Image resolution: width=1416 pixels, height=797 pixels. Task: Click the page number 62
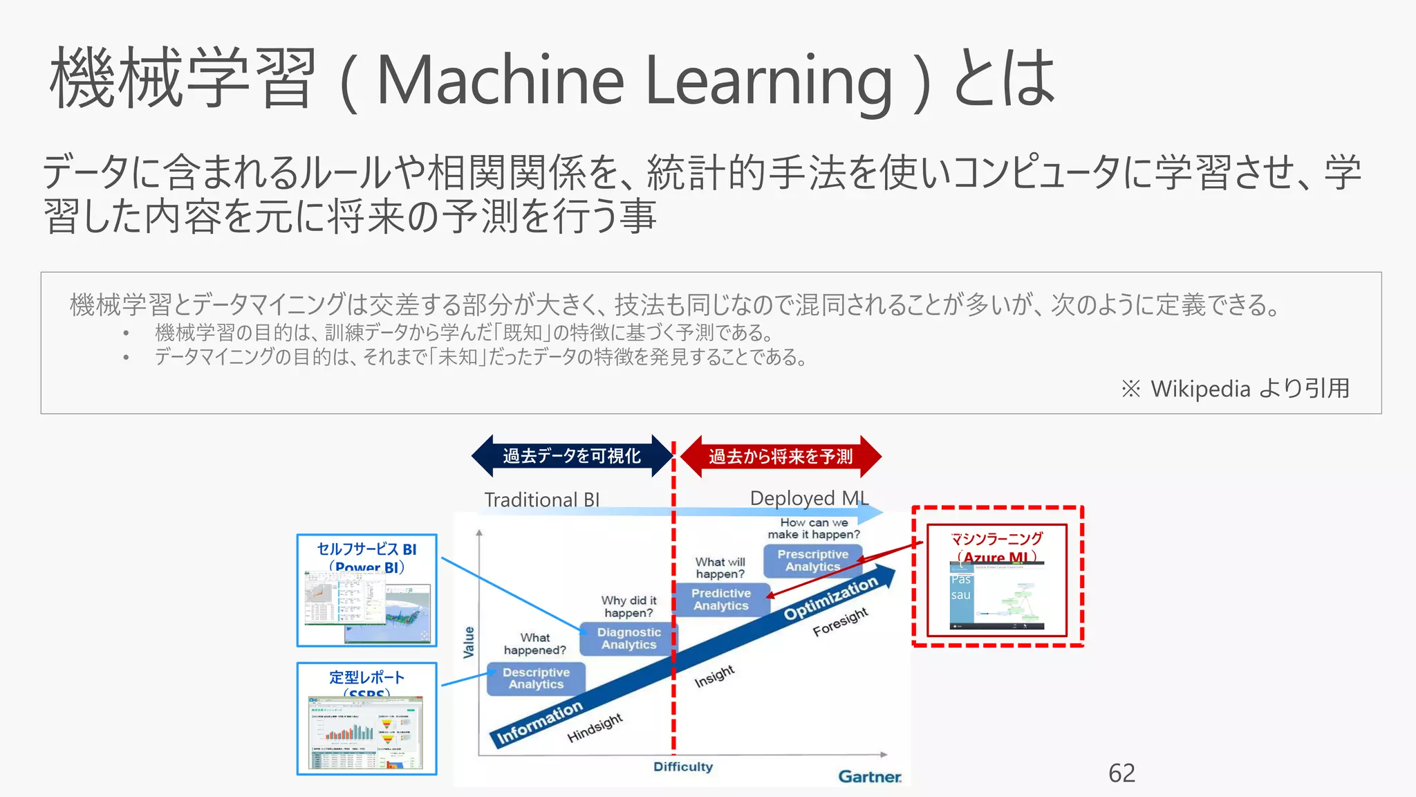click(1121, 773)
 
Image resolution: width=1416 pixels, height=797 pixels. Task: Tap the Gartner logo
click(869, 776)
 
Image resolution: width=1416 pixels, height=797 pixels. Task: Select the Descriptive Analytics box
click(536, 679)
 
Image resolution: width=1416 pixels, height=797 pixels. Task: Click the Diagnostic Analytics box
click(628, 639)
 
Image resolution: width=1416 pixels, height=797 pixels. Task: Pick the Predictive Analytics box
click(721, 599)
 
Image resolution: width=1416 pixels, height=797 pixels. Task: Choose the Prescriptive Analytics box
click(812, 560)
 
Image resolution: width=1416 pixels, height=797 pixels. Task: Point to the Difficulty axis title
click(682, 767)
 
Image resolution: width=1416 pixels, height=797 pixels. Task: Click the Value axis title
click(469, 642)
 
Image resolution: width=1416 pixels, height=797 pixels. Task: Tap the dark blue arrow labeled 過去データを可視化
click(572, 456)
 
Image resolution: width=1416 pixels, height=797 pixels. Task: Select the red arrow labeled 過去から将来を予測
click(781, 457)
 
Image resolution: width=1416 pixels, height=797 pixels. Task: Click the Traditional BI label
click(541, 500)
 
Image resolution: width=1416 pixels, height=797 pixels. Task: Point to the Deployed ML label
click(808, 498)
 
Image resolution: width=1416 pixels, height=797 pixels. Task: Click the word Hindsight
click(595, 728)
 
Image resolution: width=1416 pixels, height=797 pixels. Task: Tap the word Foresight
click(840, 622)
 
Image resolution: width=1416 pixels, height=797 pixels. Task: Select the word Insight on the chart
click(714, 677)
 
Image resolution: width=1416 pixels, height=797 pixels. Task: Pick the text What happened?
click(534, 643)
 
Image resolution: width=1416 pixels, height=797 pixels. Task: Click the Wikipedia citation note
click(1235, 389)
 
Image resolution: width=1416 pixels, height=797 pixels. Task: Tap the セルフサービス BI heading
click(366, 549)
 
